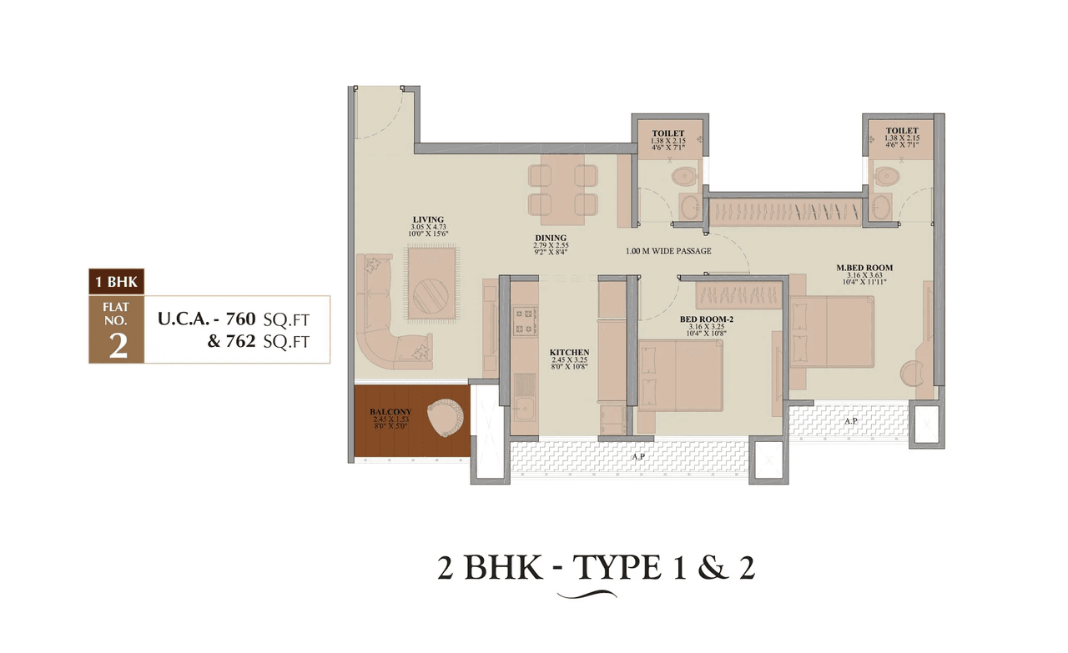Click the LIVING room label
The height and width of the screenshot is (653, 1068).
pos(426,219)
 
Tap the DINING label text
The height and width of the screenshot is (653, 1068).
pos(551,238)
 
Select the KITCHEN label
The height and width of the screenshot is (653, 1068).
pos(569,353)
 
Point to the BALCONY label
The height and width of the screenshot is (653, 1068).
pos(390,411)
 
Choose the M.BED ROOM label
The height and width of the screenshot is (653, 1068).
pos(864,268)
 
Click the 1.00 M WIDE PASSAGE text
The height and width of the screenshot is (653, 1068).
pos(668,251)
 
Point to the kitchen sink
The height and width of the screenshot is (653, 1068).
pos(525,409)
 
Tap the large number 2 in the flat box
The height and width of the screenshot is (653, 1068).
pos(118,345)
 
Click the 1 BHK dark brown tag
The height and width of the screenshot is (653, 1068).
pos(116,282)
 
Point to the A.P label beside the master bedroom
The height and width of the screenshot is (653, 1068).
pos(850,421)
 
